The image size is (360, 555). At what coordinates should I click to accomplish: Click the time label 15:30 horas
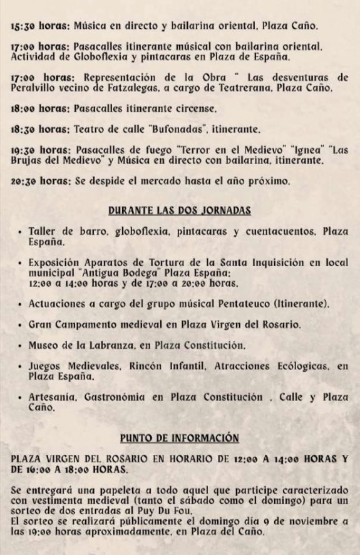[40, 26]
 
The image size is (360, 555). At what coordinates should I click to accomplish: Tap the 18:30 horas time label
[40, 129]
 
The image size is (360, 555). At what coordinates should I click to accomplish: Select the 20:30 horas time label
[40, 182]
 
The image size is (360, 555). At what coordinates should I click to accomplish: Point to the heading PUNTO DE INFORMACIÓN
[180, 437]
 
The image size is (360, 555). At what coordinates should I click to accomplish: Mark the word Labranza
[101, 345]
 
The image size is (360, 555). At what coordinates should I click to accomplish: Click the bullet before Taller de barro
[21, 231]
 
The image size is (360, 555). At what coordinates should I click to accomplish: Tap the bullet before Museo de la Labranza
[21, 345]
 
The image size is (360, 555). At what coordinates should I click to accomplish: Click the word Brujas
[27, 161]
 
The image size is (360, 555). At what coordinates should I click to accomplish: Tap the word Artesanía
[51, 397]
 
